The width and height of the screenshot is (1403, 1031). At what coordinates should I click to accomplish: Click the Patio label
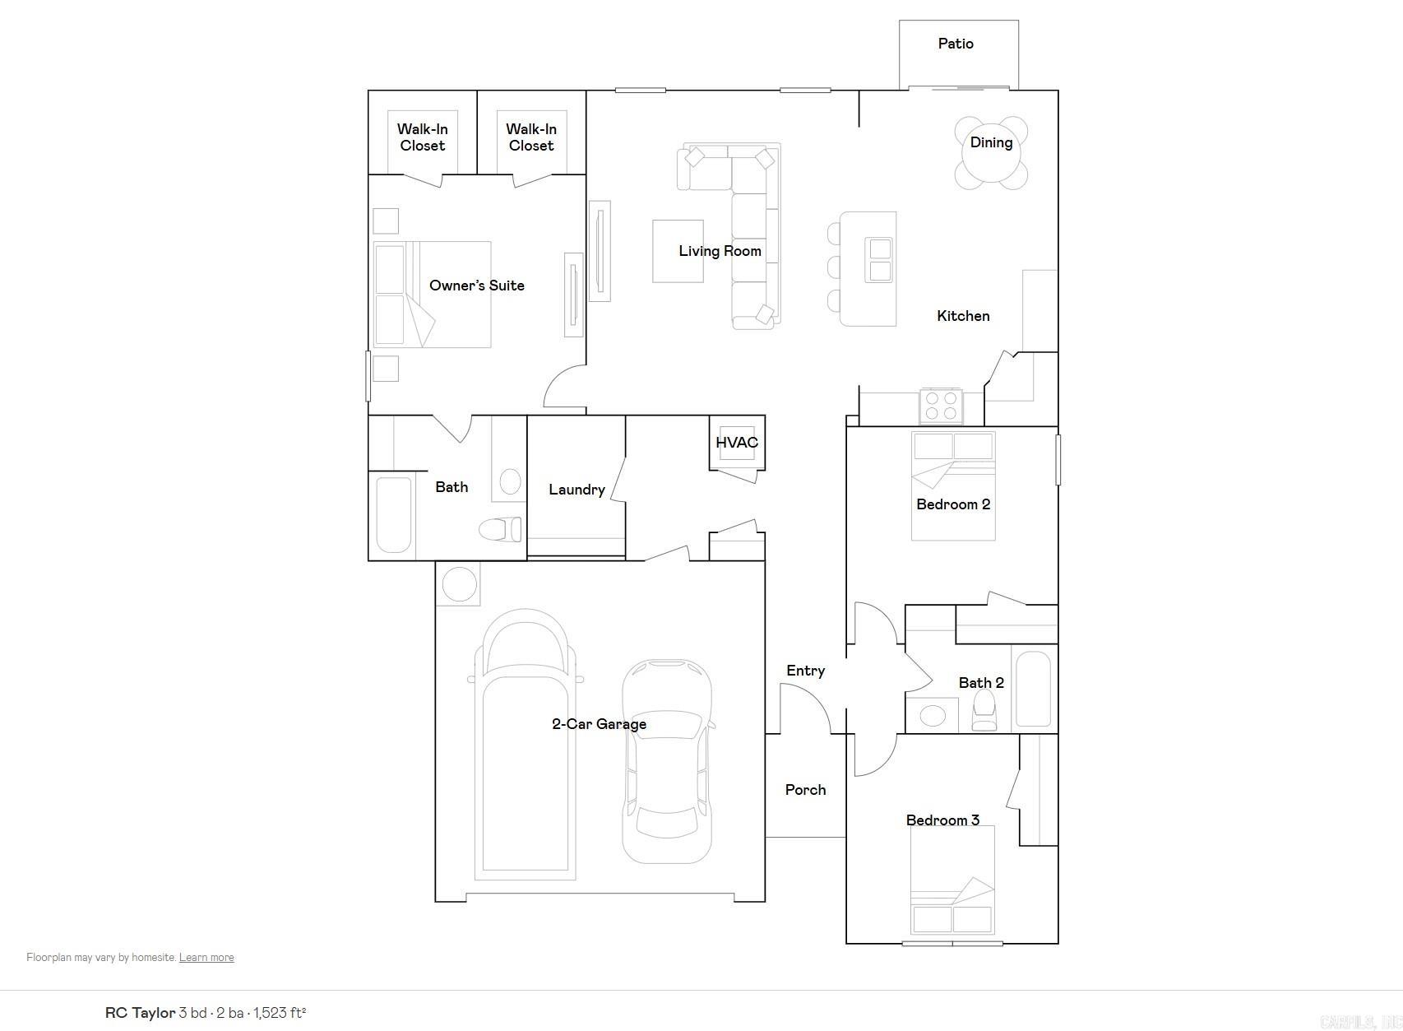pyautogui.click(x=956, y=44)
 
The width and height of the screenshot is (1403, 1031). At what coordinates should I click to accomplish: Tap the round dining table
pyautogui.click(x=991, y=153)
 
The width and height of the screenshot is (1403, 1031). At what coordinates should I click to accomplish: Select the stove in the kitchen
pyautogui.click(x=941, y=406)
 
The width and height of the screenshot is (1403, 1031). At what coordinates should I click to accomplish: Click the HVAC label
pyautogui.click(x=736, y=443)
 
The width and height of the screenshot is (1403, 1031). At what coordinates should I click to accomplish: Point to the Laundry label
pyautogui.click(x=576, y=490)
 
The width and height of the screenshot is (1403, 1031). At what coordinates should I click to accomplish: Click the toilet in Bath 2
pyautogui.click(x=984, y=710)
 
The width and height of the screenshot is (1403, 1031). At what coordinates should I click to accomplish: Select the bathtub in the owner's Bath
pyautogui.click(x=393, y=515)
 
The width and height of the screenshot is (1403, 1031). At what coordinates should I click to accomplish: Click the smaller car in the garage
pyautogui.click(x=666, y=761)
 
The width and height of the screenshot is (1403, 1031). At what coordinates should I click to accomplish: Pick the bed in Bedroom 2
pyautogui.click(x=953, y=485)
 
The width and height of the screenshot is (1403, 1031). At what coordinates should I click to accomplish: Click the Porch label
pyautogui.click(x=805, y=790)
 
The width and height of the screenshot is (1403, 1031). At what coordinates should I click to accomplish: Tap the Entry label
pyautogui.click(x=805, y=671)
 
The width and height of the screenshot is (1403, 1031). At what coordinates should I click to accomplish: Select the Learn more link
pyautogui.click(x=206, y=957)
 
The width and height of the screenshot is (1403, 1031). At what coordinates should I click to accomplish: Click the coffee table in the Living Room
pyautogui.click(x=678, y=251)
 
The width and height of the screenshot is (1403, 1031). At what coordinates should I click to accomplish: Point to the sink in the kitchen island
pyautogui.click(x=880, y=259)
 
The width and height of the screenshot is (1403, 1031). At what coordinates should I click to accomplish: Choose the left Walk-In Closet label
pyautogui.click(x=422, y=137)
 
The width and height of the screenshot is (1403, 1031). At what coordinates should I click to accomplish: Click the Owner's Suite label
pyautogui.click(x=476, y=286)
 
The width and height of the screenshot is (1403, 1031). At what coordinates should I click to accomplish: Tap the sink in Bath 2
pyautogui.click(x=932, y=715)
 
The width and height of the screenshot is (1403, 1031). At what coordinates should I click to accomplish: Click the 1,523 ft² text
pyautogui.click(x=280, y=1013)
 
